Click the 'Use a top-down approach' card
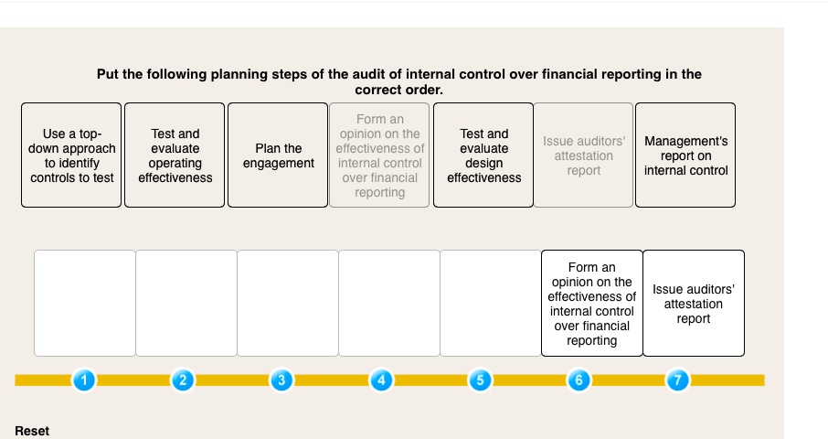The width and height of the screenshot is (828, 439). click(x=72, y=155)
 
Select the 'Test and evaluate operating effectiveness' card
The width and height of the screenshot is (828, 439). click(x=175, y=155)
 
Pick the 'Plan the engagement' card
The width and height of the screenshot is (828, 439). click(x=278, y=155)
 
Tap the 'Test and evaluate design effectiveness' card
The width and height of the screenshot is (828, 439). click(x=483, y=155)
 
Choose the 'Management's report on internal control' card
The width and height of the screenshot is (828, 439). click(x=685, y=155)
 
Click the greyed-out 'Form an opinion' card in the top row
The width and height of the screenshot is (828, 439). click(x=379, y=155)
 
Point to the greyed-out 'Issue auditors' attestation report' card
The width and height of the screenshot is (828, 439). click(x=583, y=155)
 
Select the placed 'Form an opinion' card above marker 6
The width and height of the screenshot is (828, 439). click(x=591, y=303)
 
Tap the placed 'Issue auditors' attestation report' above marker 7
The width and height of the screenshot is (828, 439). click(x=694, y=303)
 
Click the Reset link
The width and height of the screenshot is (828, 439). click(x=32, y=431)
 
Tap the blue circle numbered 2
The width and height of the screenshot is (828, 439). click(x=183, y=380)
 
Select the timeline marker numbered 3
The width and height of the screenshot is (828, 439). click(x=282, y=380)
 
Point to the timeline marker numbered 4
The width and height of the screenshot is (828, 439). click(x=382, y=380)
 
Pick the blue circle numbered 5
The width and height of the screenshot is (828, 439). click(x=482, y=380)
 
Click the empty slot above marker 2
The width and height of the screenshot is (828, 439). click(x=186, y=303)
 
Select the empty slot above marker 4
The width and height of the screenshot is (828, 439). click(x=388, y=303)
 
